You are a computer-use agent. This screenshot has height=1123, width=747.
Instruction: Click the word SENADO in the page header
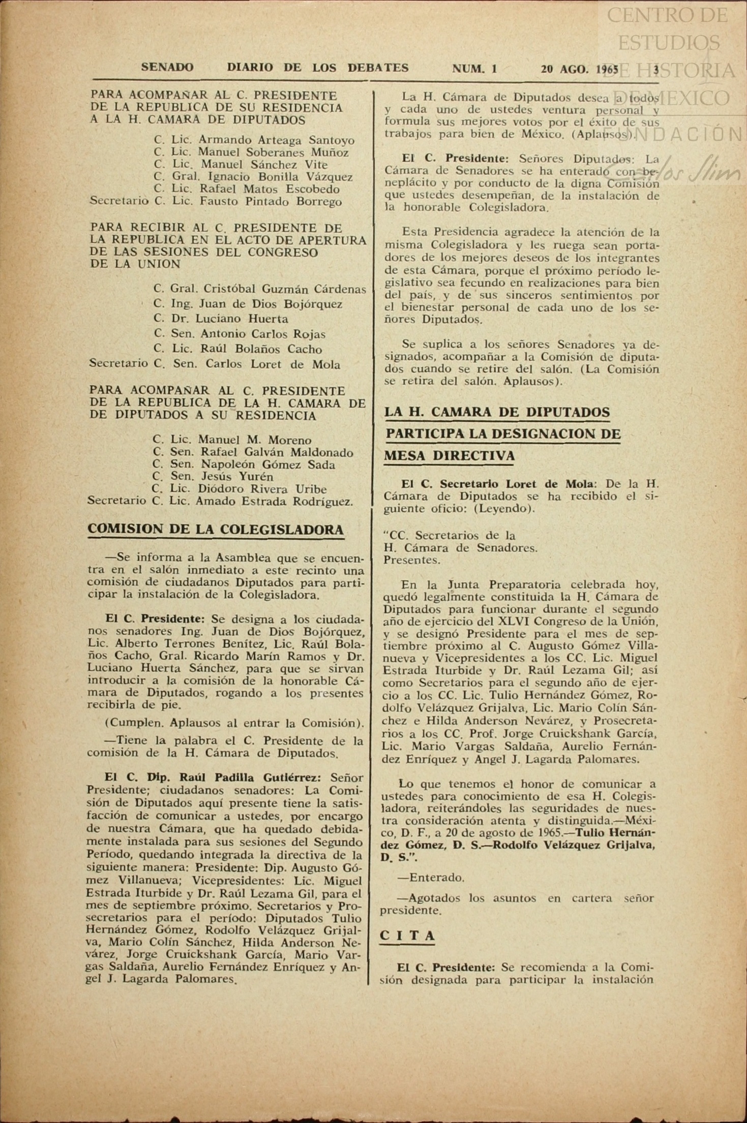coord(167,68)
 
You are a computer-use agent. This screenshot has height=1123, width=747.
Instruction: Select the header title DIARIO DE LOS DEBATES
coord(318,68)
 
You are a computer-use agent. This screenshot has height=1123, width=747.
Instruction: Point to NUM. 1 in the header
coord(474,69)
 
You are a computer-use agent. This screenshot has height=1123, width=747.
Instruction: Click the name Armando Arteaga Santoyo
coord(276,140)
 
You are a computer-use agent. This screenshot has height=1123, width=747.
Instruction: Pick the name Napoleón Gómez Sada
coord(268,464)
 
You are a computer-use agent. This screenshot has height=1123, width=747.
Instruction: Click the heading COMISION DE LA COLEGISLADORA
coord(216,529)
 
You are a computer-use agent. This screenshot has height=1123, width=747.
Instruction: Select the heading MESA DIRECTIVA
coord(449,456)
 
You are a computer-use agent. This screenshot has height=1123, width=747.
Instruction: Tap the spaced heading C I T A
coord(407,936)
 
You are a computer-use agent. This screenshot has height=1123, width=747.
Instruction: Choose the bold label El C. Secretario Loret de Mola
coord(491,484)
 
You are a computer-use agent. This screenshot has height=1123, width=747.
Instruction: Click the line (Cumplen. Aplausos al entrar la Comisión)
coord(234,723)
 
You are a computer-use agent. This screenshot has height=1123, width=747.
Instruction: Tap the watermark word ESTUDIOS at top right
coord(669,43)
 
